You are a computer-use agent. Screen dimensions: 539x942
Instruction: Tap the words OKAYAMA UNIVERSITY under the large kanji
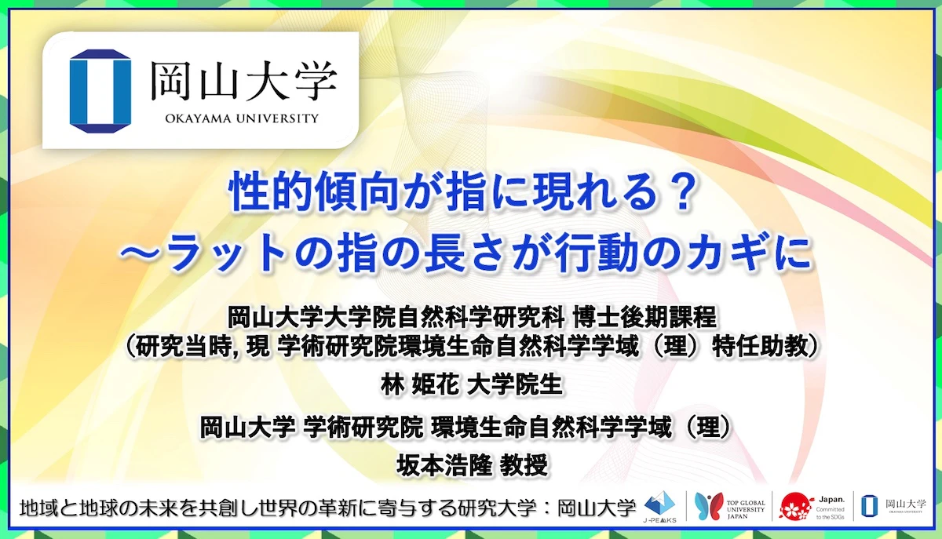point(243,119)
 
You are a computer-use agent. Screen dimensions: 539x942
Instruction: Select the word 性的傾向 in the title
point(290,194)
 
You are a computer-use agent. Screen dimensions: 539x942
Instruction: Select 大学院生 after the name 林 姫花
point(515,384)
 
